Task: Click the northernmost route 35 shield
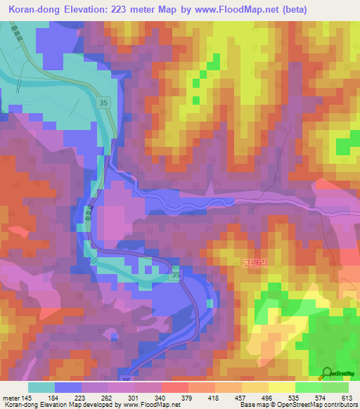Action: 103,103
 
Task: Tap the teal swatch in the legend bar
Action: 41,388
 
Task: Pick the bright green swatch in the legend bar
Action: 308,388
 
